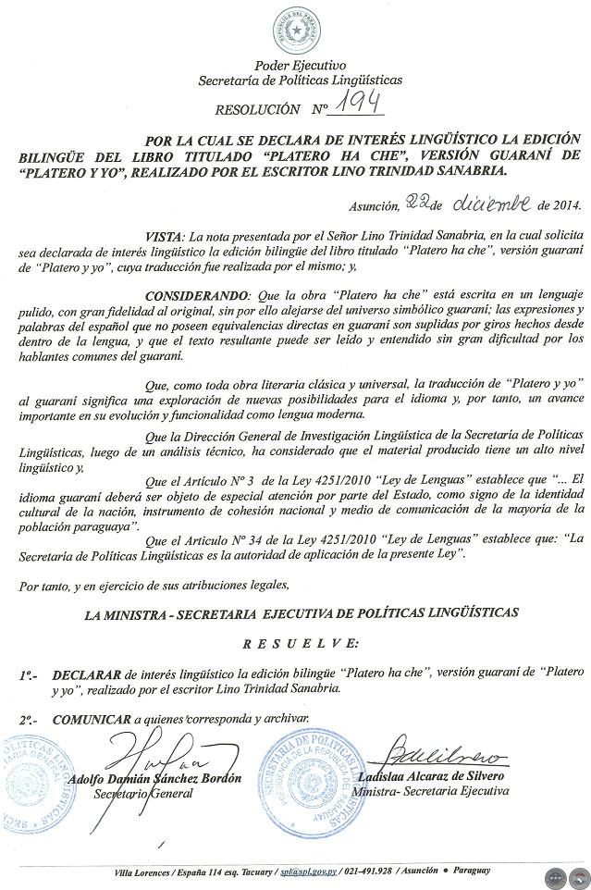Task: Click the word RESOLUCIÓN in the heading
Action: (x=258, y=110)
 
